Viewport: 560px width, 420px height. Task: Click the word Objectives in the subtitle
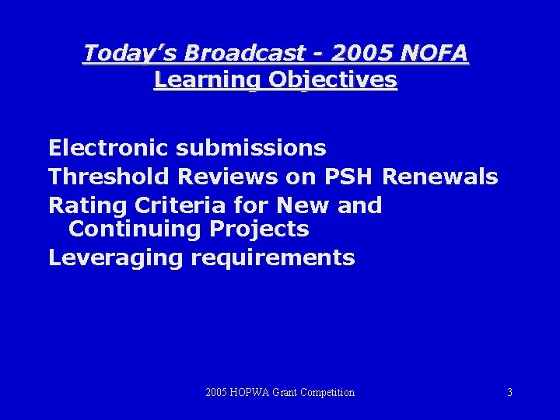point(335,79)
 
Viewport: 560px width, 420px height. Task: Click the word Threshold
point(110,177)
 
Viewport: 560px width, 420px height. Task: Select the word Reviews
point(229,177)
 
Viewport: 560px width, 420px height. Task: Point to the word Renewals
point(440,177)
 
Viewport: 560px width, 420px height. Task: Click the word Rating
point(85,205)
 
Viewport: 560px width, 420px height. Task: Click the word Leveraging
point(112,257)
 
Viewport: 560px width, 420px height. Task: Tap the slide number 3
point(509,393)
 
